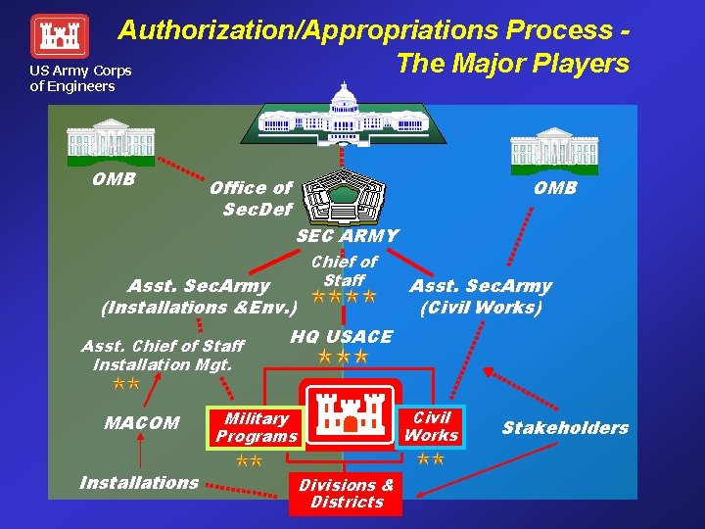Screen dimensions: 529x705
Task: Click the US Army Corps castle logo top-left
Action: click(x=60, y=36)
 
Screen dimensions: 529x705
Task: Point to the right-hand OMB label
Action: click(x=555, y=188)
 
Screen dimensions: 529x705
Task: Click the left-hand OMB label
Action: click(x=114, y=179)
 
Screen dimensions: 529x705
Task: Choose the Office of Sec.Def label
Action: click(x=251, y=199)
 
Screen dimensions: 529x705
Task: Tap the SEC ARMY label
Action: click(x=348, y=236)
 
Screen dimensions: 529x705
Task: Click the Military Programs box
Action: click(x=256, y=427)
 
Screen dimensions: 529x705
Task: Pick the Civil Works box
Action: click(x=431, y=426)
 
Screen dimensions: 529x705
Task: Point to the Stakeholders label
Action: click(x=565, y=428)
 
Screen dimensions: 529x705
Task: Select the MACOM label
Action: click(x=142, y=423)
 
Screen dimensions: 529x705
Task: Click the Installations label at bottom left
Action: click(x=139, y=483)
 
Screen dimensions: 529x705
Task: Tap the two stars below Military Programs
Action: click(x=249, y=460)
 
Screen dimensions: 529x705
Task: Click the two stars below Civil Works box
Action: click(x=431, y=458)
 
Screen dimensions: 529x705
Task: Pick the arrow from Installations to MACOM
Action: click(x=140, y=453)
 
